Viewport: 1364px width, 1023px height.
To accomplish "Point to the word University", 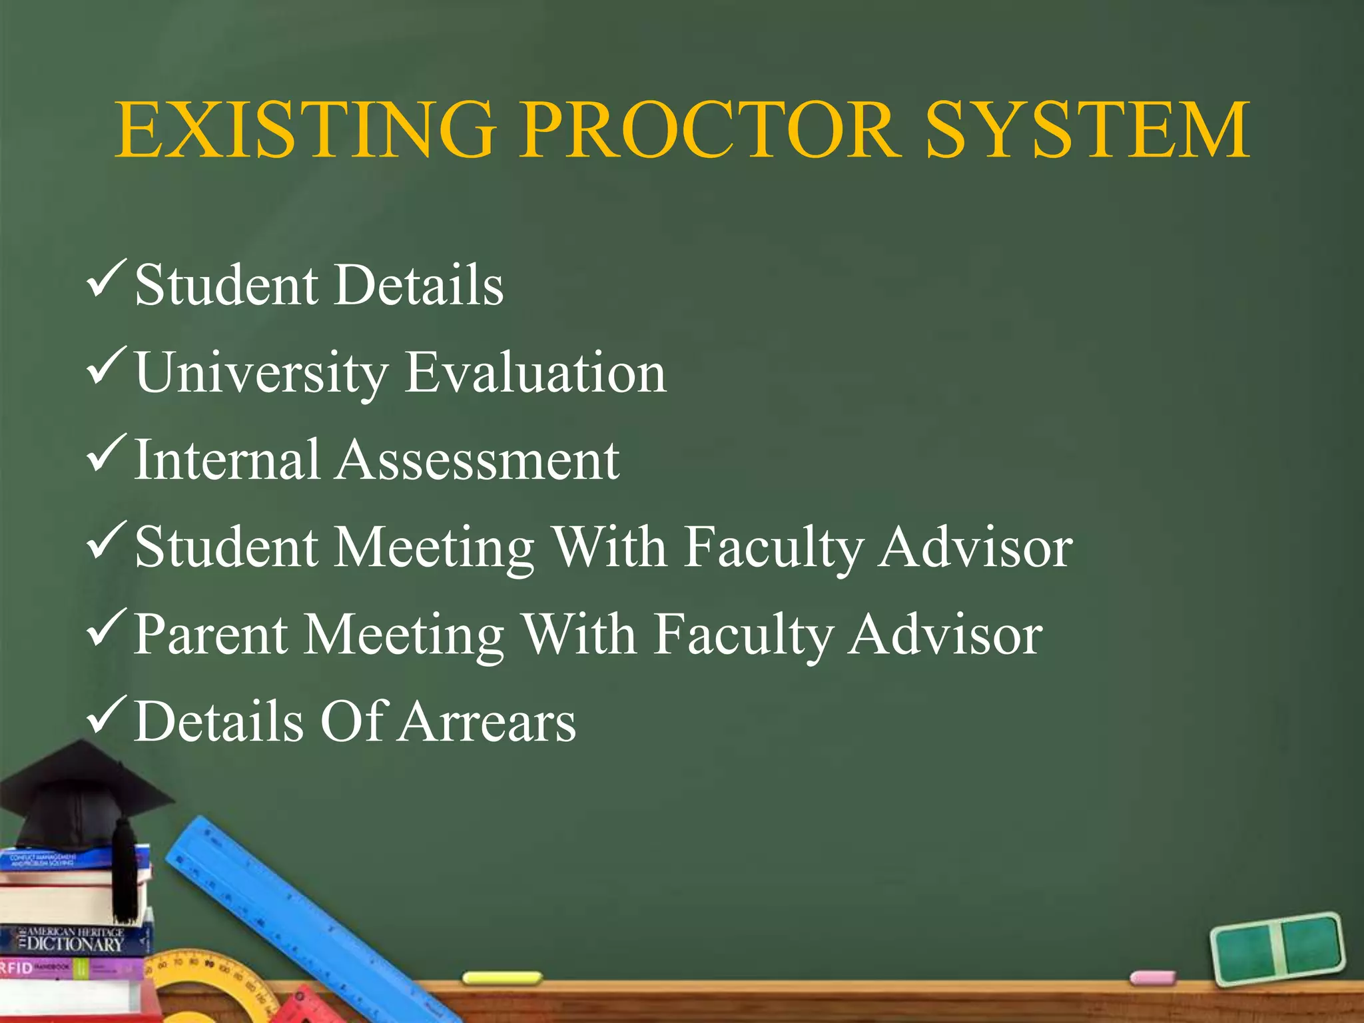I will (x=261, y=373).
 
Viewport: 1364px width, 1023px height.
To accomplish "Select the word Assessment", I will (x=477, y=460).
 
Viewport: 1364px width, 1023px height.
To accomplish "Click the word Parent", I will (x=211, y=635).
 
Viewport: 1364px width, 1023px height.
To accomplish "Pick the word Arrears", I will (x=488, y=721).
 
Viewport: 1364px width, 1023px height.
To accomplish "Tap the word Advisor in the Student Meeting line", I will (x=974, y=547).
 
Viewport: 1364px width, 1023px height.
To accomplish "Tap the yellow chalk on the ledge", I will (x=502, y=978).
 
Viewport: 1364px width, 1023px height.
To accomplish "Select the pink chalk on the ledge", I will (x=1153, y=978).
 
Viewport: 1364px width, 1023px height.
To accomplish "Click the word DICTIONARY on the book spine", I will (x=75, y=944).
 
